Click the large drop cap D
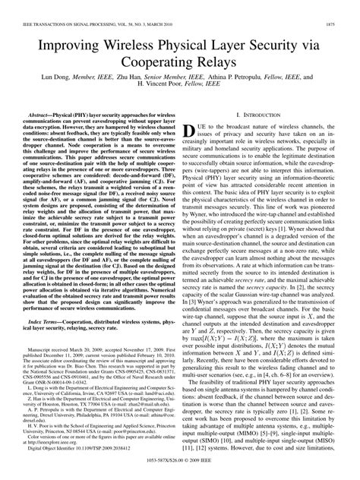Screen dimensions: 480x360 click(194, 134)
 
